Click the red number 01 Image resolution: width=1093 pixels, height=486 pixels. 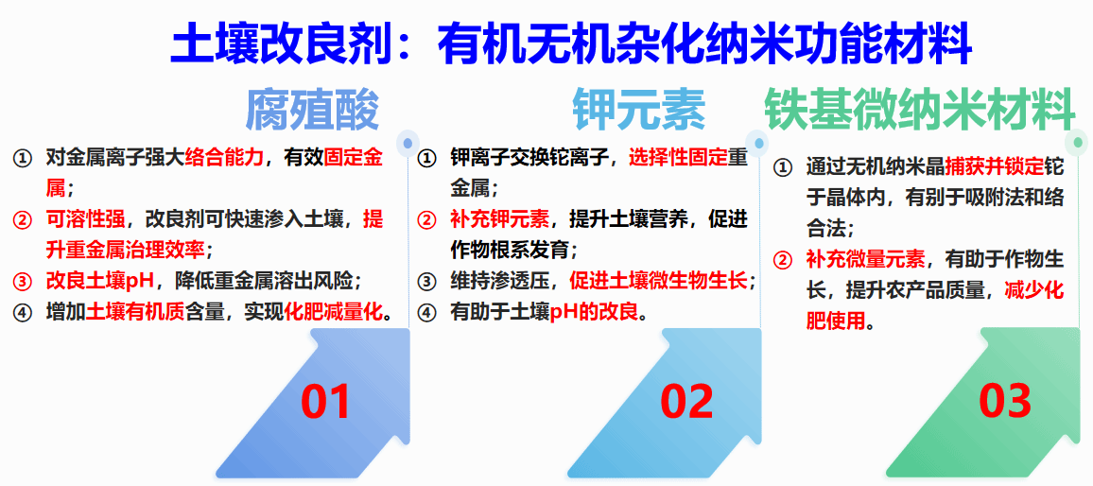325,402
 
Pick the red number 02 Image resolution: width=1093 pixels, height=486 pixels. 686,402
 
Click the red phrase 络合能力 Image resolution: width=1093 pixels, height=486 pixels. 224,159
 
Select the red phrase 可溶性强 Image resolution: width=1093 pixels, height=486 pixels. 85,220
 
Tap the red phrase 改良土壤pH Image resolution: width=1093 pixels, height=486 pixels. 99,281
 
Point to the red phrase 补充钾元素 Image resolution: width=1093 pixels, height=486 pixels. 500,220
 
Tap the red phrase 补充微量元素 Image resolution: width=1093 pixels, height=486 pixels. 866,259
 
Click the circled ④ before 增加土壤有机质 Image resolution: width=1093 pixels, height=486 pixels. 22,312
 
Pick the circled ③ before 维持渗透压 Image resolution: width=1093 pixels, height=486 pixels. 425,282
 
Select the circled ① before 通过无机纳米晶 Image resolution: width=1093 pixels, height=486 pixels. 783,168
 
